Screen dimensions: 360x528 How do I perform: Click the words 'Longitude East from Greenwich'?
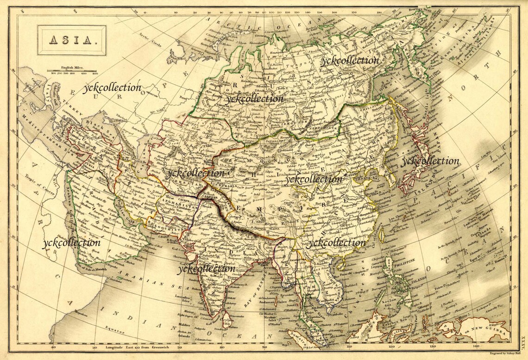(134, 347)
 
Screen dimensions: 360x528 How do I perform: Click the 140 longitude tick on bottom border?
(476, 346)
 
